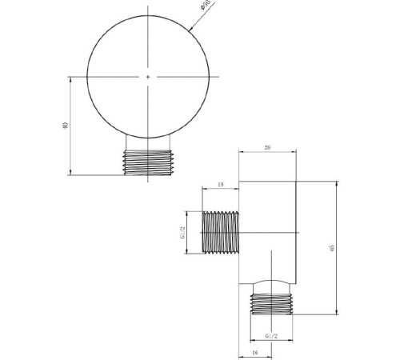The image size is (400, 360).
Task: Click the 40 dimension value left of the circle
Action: coord(65,126)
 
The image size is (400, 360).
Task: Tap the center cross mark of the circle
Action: coord(148,77)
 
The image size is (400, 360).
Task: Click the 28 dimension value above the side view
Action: coord(267,147)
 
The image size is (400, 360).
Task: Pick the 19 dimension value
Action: coord(220,185)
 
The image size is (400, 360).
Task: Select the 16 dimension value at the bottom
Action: coord(254,350)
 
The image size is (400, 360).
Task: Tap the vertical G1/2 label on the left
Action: coord(182,233)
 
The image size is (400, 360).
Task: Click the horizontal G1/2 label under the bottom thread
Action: coord(270,336)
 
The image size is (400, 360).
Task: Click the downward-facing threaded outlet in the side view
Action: coord(273,305)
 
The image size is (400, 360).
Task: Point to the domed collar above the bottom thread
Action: coord(273,286)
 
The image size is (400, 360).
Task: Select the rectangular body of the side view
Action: coord(268,228)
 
